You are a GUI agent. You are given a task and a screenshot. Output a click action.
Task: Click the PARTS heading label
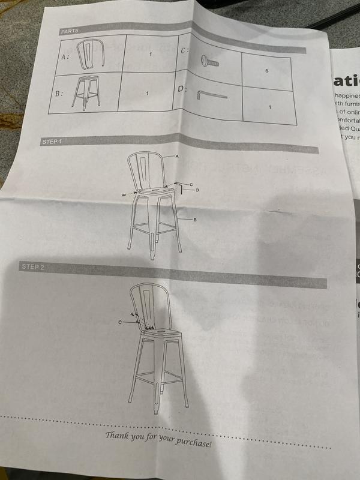point(70,31)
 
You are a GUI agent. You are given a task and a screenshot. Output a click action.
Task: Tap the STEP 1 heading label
point(52,142)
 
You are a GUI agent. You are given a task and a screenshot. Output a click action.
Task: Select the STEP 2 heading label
point(32,265)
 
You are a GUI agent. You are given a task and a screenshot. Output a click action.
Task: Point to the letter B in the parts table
point(59,94)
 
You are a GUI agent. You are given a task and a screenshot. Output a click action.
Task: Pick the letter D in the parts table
point(182,89)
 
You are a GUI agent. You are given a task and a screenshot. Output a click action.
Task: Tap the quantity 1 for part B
point(147,94)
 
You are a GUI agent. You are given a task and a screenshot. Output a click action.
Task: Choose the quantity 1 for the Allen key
point(270,107)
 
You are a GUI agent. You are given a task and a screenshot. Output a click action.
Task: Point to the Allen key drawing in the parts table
point(211,94)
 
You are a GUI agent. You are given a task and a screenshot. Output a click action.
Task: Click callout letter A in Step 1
point(178,155)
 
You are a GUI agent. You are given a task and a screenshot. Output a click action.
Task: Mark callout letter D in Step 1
point(197,190)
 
